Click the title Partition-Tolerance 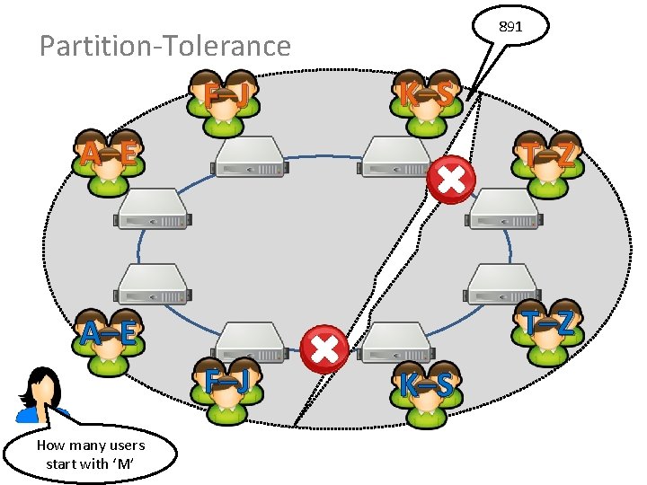(x=165, y=46)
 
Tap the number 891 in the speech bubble (x=510, y=28)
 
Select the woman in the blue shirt (x=40, y=395)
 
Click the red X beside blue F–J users (x=323, y=350)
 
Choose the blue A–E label (x=108, y=334)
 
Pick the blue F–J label (x=226, y=383)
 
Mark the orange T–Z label (x=551, y=154)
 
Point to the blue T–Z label (x=550, y=322)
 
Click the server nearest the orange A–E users (x=152, y=209)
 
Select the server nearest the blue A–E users (x=152, y=285)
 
